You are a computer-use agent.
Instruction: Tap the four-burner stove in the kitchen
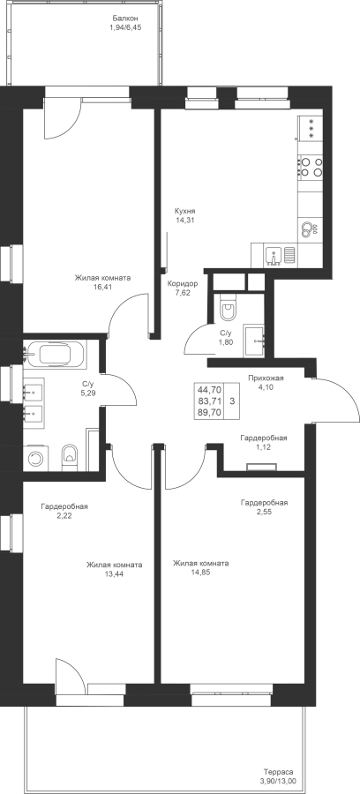[x=311, y=167]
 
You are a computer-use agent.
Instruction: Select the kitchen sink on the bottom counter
[x=274, y=255]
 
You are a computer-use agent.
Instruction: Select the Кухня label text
[x=184, y=211]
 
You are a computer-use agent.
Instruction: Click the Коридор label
[x=183, y=283]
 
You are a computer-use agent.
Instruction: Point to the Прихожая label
[x=266, y=378]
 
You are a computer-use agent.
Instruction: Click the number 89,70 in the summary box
[x=210, y=413]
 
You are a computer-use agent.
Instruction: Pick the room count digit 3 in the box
[x=231, y=401]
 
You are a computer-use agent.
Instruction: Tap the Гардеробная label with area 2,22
[x=64, y=506]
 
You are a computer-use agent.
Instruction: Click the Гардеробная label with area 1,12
[x=264, y=438]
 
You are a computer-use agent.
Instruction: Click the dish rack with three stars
[x=311, y=128]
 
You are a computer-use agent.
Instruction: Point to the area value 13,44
[x=114, y=574]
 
